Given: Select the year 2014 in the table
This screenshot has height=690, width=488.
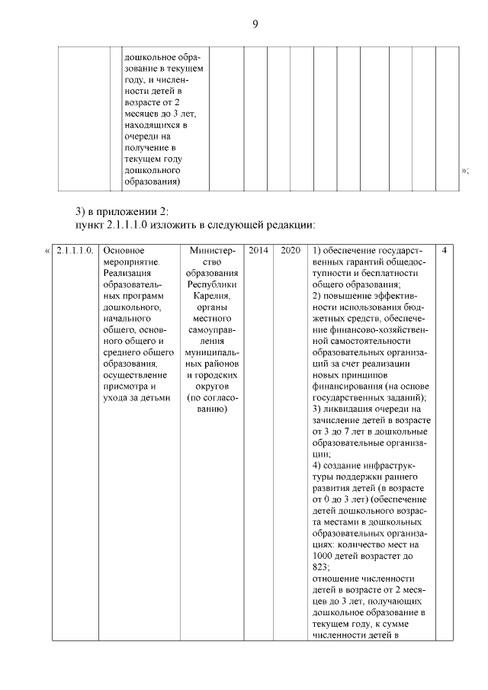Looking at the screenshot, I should point(258,250).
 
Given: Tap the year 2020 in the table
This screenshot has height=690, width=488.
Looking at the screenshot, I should point(290,250).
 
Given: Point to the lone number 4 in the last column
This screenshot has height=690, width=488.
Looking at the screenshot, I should point(445,250).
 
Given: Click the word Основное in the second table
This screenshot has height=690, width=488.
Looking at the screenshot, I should point(124,250).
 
